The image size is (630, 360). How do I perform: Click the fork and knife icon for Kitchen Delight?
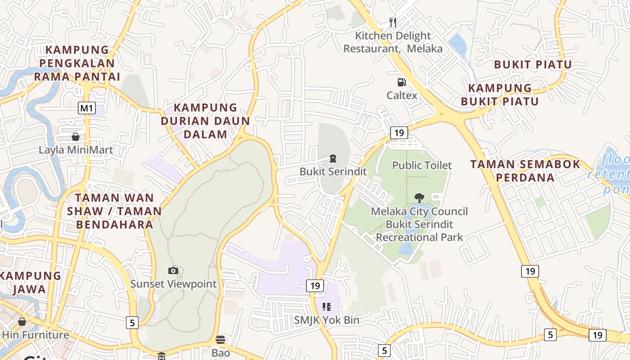[393, 22]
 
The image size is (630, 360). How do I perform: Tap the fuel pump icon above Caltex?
[401, 82]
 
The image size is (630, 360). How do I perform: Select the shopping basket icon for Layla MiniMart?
[76, 136]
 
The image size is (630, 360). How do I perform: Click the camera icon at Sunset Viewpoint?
[173, 270]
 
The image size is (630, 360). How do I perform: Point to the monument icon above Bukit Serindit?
[333, 158]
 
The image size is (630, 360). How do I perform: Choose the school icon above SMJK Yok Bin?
[327, 307]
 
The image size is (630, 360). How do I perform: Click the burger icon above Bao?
[220, 339]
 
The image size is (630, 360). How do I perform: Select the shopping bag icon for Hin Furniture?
[22, 322]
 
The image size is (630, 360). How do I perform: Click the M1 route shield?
[87, 108]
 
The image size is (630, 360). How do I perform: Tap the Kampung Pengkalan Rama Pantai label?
[77, 63]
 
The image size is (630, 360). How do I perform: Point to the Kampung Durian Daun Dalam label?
[205, 121]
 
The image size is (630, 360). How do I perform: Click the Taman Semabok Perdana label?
[526, 171]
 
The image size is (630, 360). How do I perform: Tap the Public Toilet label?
[422, 165]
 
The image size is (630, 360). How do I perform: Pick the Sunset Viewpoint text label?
[173, 284]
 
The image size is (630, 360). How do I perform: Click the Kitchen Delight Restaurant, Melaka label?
[393, 42]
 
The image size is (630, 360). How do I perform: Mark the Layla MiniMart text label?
[76, 150]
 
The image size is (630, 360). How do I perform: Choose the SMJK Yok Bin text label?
[327, 320]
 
